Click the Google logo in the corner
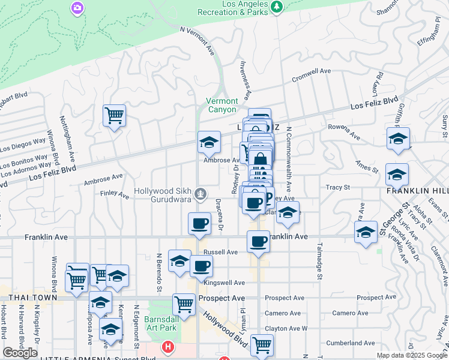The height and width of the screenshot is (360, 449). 20,353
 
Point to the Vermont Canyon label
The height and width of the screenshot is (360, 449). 222,105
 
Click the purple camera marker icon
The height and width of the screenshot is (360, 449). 77,8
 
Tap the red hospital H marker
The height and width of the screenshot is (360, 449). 168,347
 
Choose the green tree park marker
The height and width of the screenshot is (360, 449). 276,7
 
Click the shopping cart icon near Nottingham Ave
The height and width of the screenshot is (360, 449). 114,115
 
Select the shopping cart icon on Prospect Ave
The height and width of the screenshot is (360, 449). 184,303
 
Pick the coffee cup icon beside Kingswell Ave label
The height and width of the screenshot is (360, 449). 201,265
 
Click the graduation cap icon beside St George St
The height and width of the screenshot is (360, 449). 366,232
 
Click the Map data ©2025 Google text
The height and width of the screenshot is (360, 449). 411,355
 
